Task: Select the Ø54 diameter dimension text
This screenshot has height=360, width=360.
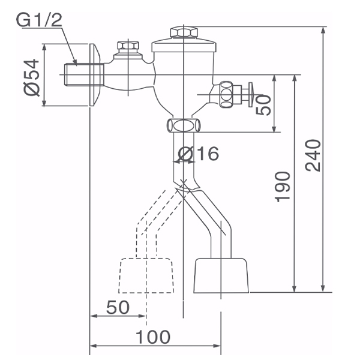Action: click(32, 77)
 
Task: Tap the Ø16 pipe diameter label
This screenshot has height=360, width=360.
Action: click(199, 154)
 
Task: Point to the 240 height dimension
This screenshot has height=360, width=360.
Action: click(314, 155)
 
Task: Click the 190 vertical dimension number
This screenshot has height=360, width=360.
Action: click(284, 187)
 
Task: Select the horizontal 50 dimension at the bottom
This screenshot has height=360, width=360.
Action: click(118, 307)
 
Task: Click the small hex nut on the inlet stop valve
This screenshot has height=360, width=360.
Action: click(127, 47)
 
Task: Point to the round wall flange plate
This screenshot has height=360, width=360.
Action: click(94, 75)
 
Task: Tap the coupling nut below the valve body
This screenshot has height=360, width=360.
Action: click(184, 125)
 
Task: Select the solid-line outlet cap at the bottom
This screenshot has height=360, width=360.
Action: click(221, 275)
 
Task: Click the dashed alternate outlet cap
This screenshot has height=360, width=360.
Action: click(146, 275)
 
